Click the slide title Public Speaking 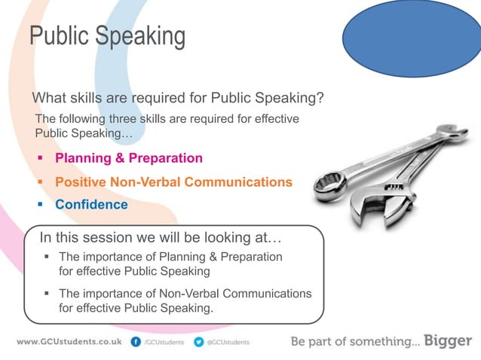pyautogui.click(x=106, y=35)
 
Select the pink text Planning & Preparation pyautogui.click(x=129, y=158)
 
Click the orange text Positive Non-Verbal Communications pyautogui.click(x=173, y=182)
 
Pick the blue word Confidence pyautogui.click(x=91, y=205)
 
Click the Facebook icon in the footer pyautogui.click(x=136, y=342)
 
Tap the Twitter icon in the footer pyautogui.click(x=199, y=342)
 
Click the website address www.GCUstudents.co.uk pyautogui.click(x=69, y=342)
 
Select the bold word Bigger pyautogui.click(x=448, y=341)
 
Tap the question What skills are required pyautogui.click(x=177, y=98)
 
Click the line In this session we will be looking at pyautogui.click(x=160, y=238)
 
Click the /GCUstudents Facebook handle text pyautogui.click(x=164, y=342)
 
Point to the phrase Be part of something pyautogui.click(x=354, y=342)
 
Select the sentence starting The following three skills pyautogui.click(x=167, y=126)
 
